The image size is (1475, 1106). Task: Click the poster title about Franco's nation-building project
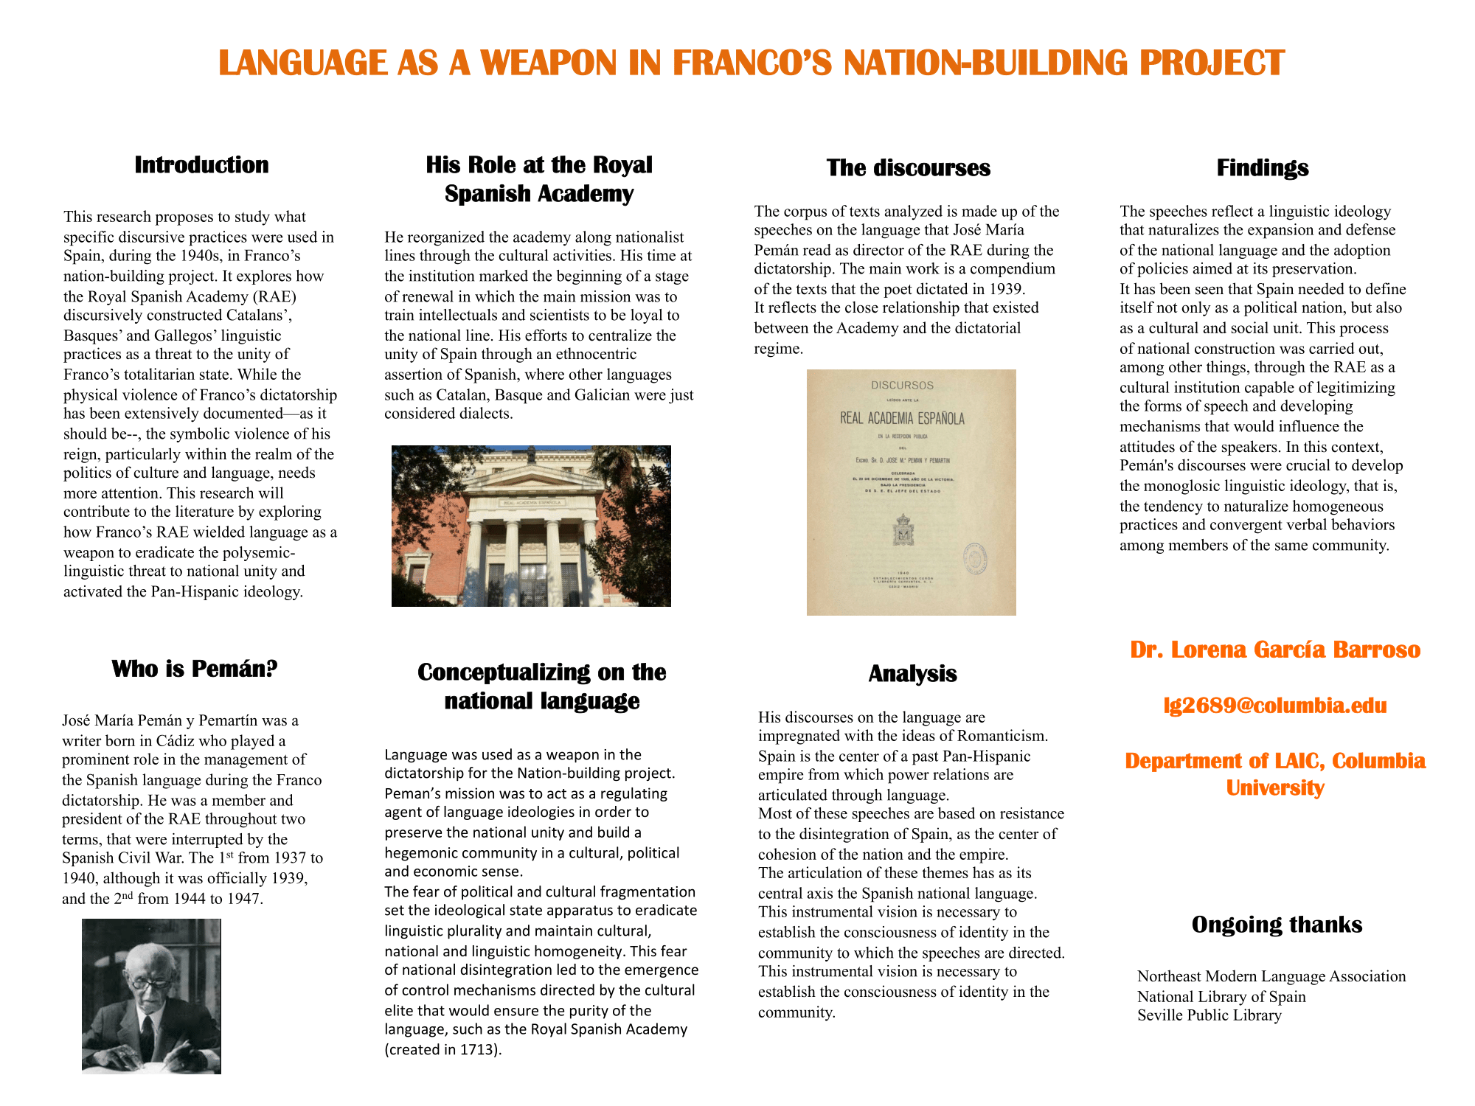751,63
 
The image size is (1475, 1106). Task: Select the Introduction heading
201,165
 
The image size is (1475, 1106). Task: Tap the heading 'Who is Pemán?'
195,669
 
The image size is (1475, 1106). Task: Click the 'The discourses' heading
908,168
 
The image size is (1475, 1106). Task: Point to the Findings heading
1262,168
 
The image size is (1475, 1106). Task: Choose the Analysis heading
912,673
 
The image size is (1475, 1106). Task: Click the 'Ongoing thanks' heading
1277,925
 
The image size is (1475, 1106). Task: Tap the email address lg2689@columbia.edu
1274,706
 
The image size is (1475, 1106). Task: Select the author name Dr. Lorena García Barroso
1274,650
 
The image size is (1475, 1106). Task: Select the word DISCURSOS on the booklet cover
902,386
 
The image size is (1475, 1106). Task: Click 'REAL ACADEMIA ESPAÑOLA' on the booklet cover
902,419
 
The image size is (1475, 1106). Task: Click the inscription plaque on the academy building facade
531,502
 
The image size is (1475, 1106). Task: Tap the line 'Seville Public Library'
1209,1015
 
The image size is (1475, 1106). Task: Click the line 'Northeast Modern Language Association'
1271,976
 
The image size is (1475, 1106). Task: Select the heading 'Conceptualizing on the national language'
541,686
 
